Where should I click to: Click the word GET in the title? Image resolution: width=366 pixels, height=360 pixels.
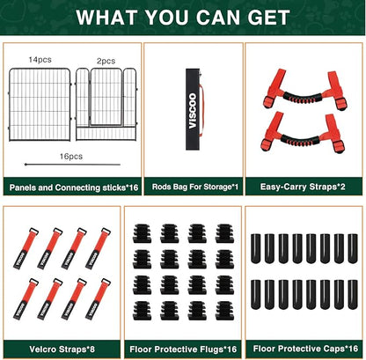point(268,18)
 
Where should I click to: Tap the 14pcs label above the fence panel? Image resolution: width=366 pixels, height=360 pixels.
point(40,60)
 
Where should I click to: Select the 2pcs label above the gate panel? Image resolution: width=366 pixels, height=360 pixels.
point(106,61)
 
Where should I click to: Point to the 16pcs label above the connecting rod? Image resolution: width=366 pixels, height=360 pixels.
point(71,157)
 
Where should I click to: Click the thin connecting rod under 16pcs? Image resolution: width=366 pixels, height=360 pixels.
point(72,165)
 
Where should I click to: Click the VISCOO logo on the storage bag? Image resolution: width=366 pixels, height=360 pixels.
point(193,111)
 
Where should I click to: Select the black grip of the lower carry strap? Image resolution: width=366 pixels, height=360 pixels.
point(300,140)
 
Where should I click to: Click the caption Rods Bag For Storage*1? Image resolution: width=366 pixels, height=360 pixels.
point(195,187)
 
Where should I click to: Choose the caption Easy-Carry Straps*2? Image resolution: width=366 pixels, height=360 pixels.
point(303,187)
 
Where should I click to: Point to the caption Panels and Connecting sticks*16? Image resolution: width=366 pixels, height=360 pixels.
point(74,187)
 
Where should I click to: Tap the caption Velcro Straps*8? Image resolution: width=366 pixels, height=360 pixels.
point(62,349)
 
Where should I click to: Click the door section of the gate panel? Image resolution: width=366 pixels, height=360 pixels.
point(106,97)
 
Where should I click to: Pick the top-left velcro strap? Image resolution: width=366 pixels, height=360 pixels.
point(26,248)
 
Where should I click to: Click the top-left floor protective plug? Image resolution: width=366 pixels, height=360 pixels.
point(143,233)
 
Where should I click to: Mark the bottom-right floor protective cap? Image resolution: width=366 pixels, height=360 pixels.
point(353,295)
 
